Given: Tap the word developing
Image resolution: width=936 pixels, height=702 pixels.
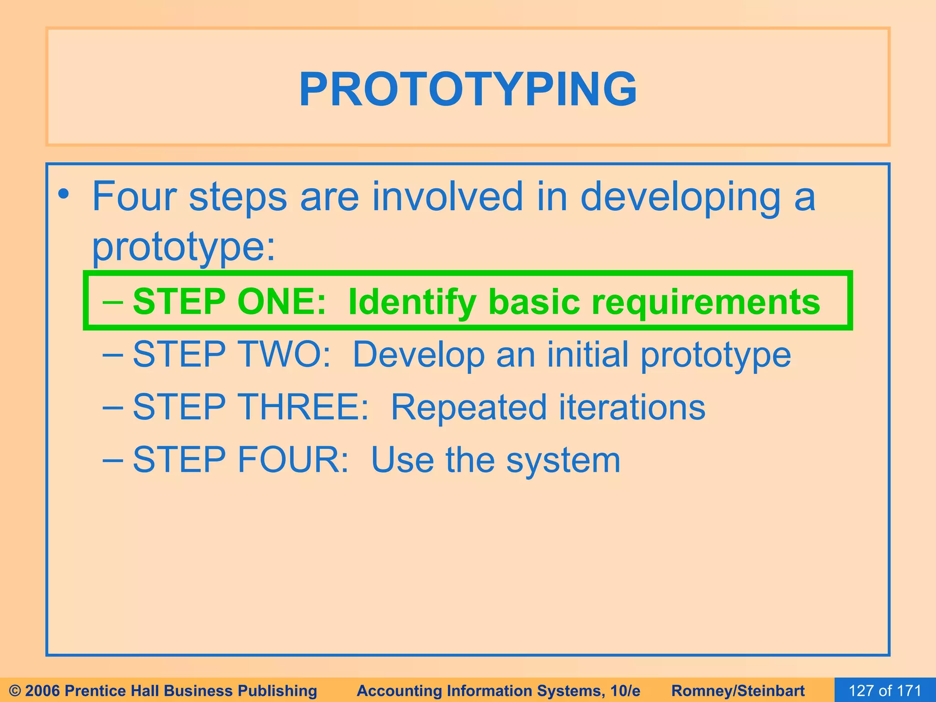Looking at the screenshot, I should coord(680,197).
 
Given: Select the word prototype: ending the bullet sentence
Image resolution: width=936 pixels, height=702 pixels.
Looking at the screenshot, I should coord(184,247).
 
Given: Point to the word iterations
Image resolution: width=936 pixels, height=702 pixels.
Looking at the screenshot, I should coord(632,407).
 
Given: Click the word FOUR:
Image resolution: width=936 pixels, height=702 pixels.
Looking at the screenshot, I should coord(293,459).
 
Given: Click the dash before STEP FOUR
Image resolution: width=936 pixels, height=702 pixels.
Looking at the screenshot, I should coord(112,459).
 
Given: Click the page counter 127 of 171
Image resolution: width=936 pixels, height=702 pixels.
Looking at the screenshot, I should coord(885,690).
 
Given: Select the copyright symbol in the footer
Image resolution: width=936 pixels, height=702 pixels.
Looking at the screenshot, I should coord(15,691).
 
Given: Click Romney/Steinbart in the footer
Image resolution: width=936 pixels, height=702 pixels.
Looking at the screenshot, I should coord(738,691).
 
